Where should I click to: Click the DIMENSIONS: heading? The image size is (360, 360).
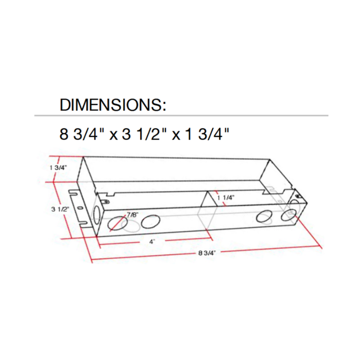[113, 105]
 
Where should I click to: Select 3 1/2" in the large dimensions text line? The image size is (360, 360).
[145, 135]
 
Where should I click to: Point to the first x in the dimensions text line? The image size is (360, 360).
[114, 135]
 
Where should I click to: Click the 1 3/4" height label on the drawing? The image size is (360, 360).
[58, 167]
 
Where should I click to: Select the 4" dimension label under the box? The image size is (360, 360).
[153, 242]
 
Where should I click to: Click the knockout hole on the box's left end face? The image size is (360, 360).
[96, 213]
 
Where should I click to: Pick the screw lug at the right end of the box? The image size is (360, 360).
[297, 196]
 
